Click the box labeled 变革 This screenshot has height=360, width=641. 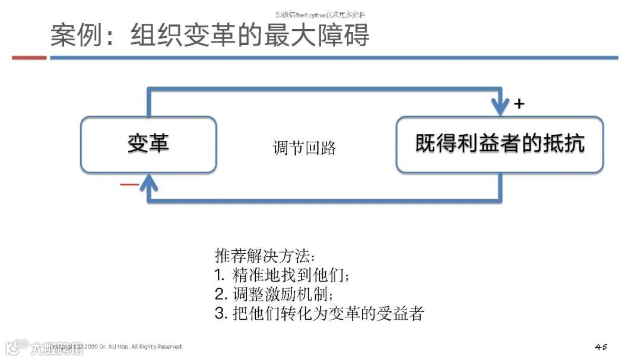(x=148, y=144)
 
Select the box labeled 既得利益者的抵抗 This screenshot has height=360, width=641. (x=500, y=144)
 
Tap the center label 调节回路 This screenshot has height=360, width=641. (x=304, y=148)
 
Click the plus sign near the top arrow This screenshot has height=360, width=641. (x=519, y=104)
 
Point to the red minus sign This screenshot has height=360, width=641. (x=129, y=184)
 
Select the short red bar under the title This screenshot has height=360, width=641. (x=29, y=58)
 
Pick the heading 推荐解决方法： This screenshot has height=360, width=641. (x=265, y=256)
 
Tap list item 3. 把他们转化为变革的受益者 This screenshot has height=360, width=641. (x=319, y=314)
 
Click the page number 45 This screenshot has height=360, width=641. (x=601, y=346)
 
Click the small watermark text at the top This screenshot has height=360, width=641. (x=320, y=14)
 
